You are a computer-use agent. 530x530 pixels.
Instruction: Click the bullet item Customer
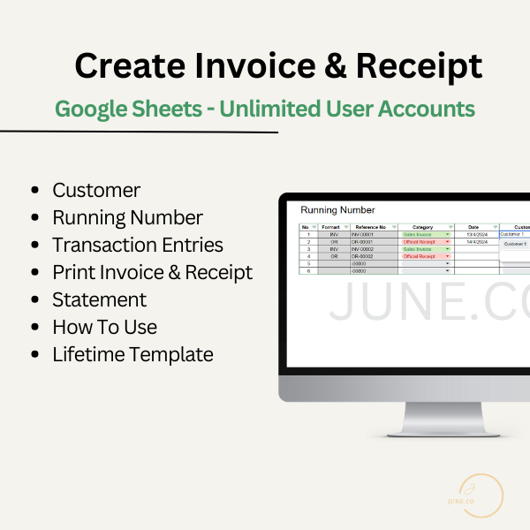[x=96, y=190]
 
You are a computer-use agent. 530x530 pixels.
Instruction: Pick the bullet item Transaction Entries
[x=137, y=245]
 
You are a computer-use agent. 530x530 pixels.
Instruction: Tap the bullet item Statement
[x=99, y=299]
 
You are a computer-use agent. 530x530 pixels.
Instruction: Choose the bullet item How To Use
[x=104, y=327]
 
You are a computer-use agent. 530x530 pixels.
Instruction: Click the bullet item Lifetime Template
[x=132, y=355]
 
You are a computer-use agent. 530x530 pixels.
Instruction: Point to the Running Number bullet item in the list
[x=127, y=217]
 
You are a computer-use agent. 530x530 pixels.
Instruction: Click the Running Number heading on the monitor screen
[x=337, y=210]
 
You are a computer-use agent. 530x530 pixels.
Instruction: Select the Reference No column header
[x=369, y=227]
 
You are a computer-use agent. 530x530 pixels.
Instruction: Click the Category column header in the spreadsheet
[x=423, y=227]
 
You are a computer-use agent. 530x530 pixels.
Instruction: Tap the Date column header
[x=473, y=227]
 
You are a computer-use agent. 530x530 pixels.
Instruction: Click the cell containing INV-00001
[x=363, y=234]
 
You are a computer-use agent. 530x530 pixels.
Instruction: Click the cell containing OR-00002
[x=363, y=256]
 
